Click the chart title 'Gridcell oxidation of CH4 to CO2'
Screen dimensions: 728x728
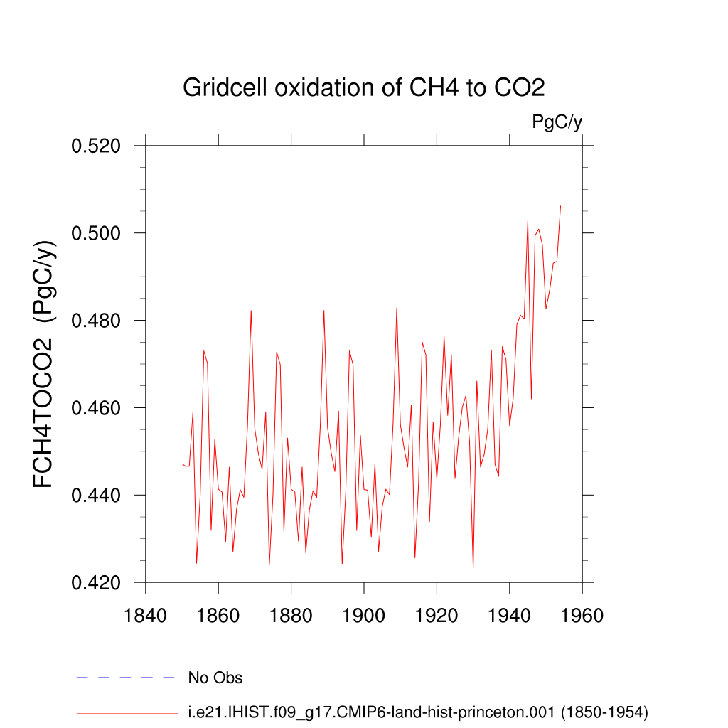[363, 87]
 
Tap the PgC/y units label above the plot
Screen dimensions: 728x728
[557, 122]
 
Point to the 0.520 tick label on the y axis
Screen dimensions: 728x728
[96, 146]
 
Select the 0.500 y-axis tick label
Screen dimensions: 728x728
[96, 233]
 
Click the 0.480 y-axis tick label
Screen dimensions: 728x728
[96, 321]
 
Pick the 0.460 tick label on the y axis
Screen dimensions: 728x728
[96, 407]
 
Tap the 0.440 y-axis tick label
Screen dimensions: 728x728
[96, 495]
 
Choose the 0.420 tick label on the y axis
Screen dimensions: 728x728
[96, 582]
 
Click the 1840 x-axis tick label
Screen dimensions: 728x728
[145, 616]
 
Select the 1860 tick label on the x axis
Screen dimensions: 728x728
[218, 616]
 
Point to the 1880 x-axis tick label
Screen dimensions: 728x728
[291, 616]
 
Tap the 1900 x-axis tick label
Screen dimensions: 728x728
[363, 616]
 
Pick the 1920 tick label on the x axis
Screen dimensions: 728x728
[437, 616]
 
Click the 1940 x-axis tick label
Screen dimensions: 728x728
[509, 616]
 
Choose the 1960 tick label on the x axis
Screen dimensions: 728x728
[582, 616]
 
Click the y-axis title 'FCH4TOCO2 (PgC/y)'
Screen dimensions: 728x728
[43, 364]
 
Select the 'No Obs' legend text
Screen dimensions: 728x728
[215, 678]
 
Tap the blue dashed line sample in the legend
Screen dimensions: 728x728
[125, 678]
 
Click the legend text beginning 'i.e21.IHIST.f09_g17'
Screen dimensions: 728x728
[418, 712]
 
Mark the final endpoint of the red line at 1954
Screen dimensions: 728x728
[560, 205]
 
